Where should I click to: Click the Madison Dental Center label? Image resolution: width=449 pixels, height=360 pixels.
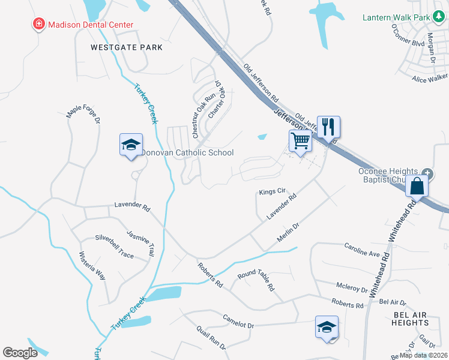point(90,25)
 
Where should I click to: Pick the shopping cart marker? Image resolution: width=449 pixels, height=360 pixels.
point(300,142)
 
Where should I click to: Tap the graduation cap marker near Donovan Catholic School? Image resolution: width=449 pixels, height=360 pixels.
point(131,145)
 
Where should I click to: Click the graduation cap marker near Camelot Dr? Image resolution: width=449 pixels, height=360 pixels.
point(327,328)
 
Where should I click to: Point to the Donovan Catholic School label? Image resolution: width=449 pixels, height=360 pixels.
point(187,153)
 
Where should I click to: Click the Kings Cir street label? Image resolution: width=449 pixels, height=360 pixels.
point(271,193)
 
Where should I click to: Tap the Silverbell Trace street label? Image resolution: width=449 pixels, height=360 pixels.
point(110,246)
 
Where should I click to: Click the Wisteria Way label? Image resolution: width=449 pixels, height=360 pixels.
point(92,266)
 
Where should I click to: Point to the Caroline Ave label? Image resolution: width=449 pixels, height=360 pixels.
point(362,250)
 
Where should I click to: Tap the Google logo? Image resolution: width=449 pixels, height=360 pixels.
point(20,353)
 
